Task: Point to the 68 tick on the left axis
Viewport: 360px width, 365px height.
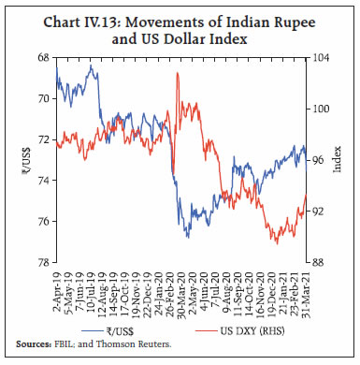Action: pyautogui.click(x=45, y=57)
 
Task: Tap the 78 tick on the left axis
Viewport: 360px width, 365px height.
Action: pyautogui.click(x=45, y=263)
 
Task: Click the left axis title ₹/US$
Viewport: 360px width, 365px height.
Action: pyautogui.click(x=21, y=159)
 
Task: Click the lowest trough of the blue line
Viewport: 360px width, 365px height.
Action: pyautogui.click(x=188, y=237)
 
